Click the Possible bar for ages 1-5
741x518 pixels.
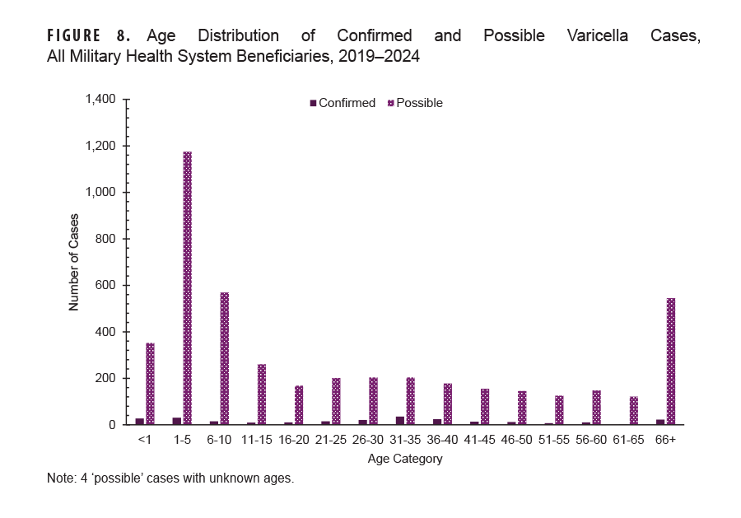187,288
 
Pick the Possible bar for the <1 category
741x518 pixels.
150,384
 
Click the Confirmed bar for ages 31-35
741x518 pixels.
400,421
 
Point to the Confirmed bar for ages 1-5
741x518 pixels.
177,421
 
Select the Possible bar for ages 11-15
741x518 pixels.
262,394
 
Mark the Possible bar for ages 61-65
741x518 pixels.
634,411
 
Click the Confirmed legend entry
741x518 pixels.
342,103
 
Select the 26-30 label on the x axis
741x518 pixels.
368,440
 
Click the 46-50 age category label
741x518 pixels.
517,440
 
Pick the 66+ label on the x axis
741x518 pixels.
665,440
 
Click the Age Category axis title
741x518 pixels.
405,459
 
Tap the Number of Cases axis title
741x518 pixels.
73,262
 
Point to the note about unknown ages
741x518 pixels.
170,478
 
